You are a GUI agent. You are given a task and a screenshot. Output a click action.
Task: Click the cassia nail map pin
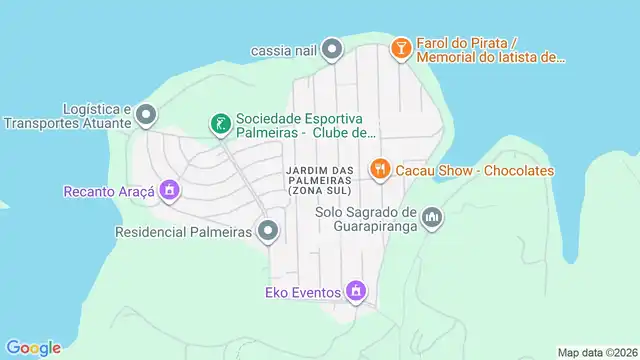tap(333, 48)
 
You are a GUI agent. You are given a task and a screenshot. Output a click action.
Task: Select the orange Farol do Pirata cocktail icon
tap(400, 48)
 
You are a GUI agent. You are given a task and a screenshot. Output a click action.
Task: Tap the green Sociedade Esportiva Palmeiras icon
tap(219, 124)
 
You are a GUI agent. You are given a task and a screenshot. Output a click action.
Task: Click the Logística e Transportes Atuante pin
tap(146, 115)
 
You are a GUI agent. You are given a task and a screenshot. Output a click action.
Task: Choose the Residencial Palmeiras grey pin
tap(268, 232)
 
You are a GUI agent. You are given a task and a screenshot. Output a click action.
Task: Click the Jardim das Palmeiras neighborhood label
tap(320, 179)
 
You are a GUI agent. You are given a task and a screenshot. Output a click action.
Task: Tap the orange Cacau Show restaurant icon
tap(379, 170)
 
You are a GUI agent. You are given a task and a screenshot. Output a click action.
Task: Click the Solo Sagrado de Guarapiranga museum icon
tap(432, 217)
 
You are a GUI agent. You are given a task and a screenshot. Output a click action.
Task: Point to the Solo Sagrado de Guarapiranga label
tap(365, 218)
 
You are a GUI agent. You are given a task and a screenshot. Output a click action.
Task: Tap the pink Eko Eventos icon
tap(354, 292)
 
